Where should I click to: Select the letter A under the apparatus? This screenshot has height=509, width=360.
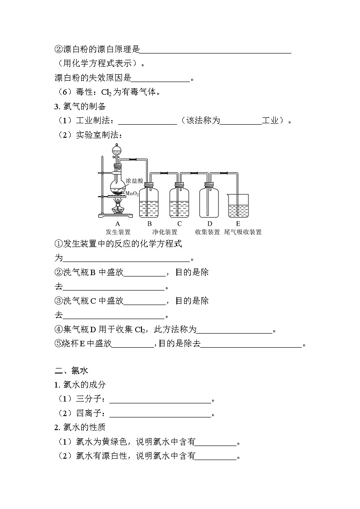[x=118, y=223]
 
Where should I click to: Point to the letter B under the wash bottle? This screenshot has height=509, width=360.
[x=149, y=223]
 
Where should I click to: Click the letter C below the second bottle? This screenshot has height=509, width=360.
[x=180, y=223]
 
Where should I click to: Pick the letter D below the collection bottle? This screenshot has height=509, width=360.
[x=209, y=223]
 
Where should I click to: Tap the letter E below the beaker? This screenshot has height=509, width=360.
[x=238, y=223]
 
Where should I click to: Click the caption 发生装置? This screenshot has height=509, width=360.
[x=118, y=232]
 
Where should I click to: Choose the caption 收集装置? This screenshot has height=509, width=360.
[x=208, y=232]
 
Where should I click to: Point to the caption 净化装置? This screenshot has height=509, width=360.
[x=165, y=232]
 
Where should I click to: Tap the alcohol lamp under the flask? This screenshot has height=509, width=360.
[x=118, y=208]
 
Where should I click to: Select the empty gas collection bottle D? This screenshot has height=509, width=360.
[x=209, y=202]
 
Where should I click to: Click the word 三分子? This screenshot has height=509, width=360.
[x=90, y=400]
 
